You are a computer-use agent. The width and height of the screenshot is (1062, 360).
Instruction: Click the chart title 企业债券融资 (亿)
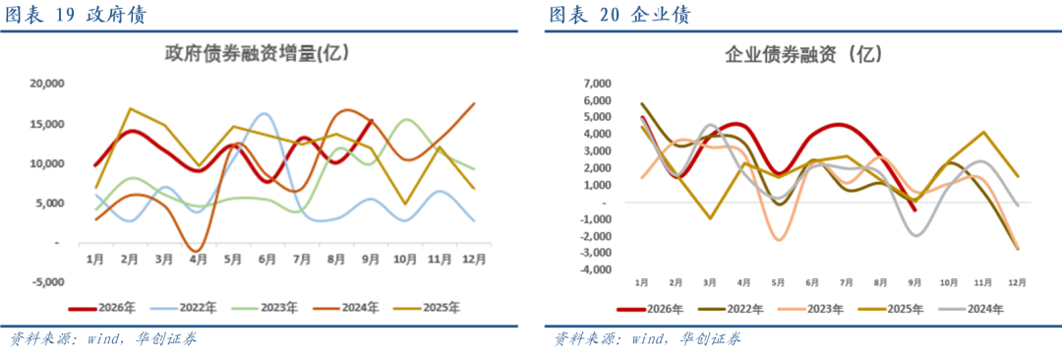pos(803,53)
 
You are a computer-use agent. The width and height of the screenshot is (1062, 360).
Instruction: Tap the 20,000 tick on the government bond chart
pos(44,84)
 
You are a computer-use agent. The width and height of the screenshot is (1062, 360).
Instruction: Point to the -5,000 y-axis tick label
pos(44,282)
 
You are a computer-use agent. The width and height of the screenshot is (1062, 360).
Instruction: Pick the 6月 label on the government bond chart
pos(267,259)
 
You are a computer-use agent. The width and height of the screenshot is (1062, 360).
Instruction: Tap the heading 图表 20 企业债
pos(619,15)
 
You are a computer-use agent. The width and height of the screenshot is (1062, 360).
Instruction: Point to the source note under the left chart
pos(102,338)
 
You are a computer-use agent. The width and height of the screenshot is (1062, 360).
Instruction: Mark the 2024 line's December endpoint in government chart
pos(474,103)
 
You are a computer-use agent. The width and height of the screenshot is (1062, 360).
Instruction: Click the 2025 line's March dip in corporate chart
pos(710,218)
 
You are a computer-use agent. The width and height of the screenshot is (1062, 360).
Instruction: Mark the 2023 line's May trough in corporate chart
pos(778,240)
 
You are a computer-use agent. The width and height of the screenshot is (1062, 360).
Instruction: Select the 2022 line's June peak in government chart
pos(265,114)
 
